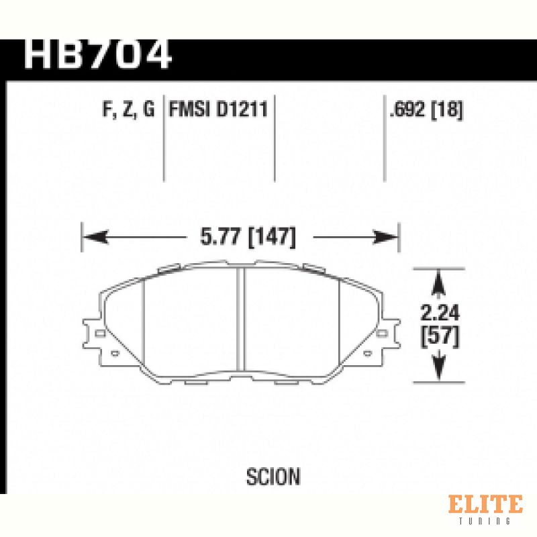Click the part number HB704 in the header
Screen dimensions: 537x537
tap(97, 54)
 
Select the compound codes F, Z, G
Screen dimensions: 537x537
tap(128, 109)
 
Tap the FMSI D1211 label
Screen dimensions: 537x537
tap(218, 109)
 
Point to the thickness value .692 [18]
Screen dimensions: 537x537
tap(426, 109)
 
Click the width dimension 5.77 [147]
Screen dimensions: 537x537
tap(248, 236)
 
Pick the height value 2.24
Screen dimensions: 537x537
tap(440, 312)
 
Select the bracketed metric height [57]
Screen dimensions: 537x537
tap(440, 336)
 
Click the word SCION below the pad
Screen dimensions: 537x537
tap(273, 477)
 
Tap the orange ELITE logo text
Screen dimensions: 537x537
tap(485, 504)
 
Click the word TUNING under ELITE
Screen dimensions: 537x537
tap(485, 521)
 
